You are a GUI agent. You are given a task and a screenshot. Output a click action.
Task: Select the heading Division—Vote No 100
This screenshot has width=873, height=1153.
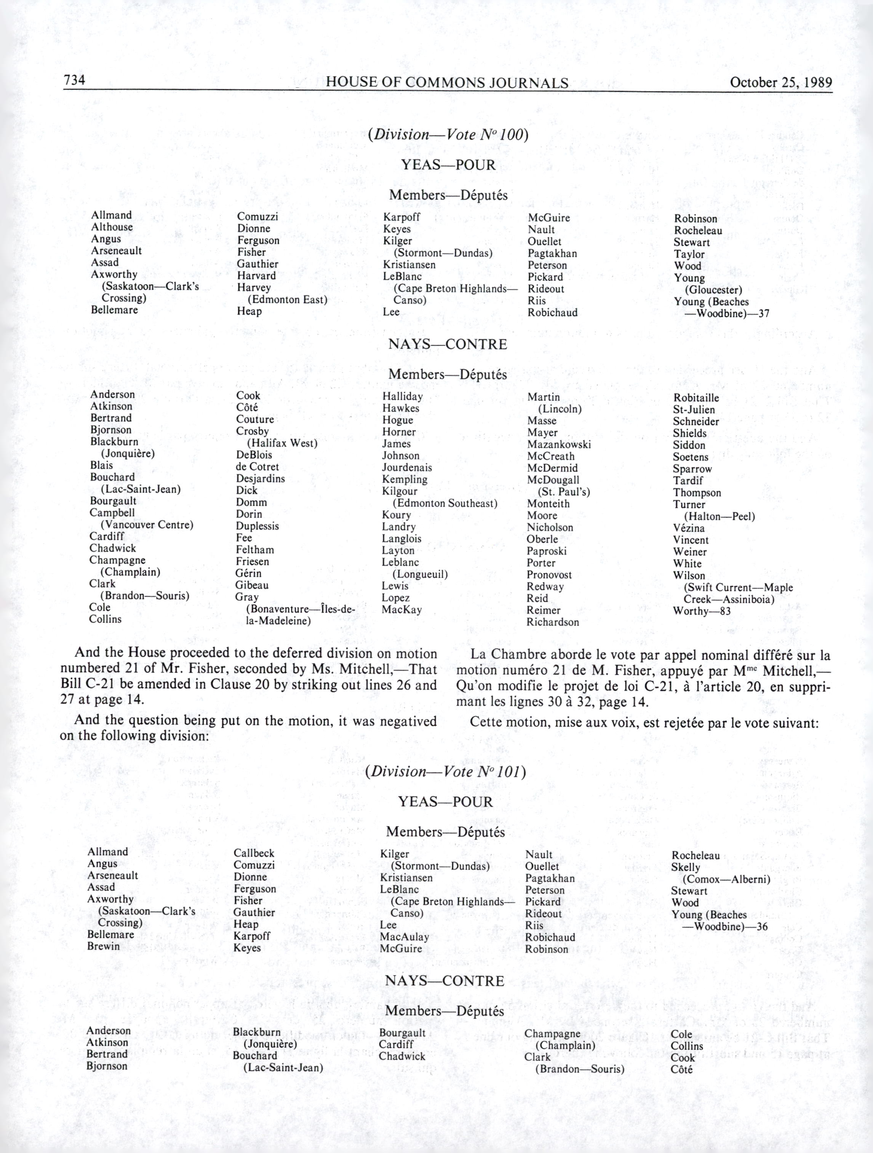coord(448,135)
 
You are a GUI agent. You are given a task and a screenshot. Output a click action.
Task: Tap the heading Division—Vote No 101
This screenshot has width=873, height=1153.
coord(445,771)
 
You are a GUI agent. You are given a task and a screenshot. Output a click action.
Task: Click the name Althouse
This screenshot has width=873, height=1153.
coord(112,227)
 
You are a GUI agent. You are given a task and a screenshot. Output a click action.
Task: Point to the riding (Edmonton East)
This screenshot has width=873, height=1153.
coord(287,300)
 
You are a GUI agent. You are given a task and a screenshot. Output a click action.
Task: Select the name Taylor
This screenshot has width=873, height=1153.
coord(689,254)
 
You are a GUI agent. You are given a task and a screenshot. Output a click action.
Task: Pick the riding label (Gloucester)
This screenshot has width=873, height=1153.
coord(713,290)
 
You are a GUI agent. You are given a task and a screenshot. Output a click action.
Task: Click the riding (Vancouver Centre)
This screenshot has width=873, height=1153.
coord(147,525)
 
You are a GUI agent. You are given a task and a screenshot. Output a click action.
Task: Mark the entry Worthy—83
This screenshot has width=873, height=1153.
coord(702,611)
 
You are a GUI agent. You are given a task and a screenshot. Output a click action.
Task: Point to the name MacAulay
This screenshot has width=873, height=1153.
coord(404,937)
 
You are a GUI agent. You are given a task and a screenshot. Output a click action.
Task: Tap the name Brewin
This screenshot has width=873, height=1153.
coord(104,946)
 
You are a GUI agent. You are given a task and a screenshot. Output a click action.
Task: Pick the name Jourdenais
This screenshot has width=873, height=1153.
coord(407,468)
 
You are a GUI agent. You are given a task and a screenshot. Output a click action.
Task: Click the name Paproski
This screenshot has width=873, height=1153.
coord(547,551)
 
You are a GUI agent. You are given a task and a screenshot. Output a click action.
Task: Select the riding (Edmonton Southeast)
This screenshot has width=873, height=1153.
coord(445,504)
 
